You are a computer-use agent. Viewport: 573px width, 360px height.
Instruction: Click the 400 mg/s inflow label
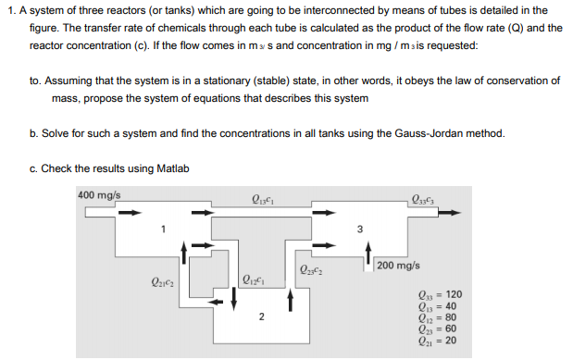(99, 195)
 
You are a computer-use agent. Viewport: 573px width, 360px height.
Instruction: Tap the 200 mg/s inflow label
(400, 267)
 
